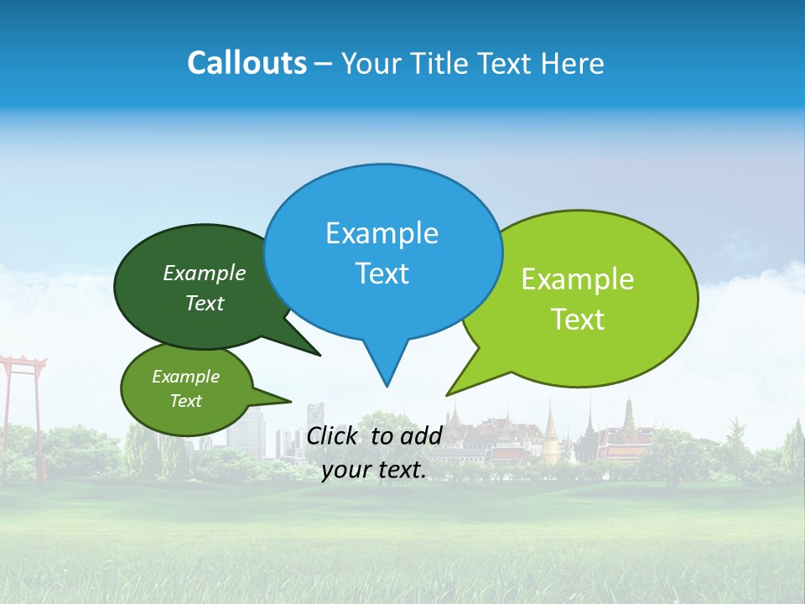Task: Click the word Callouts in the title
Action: point(247,63)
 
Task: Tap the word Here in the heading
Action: point(572,64)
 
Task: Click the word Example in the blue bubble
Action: point(382,233)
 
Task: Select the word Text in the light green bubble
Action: point(578,320)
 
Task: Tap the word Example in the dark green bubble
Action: point(205,273)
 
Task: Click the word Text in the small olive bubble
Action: point(185,401)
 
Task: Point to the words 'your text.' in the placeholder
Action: point(374,470)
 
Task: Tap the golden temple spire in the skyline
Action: point(551,432)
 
